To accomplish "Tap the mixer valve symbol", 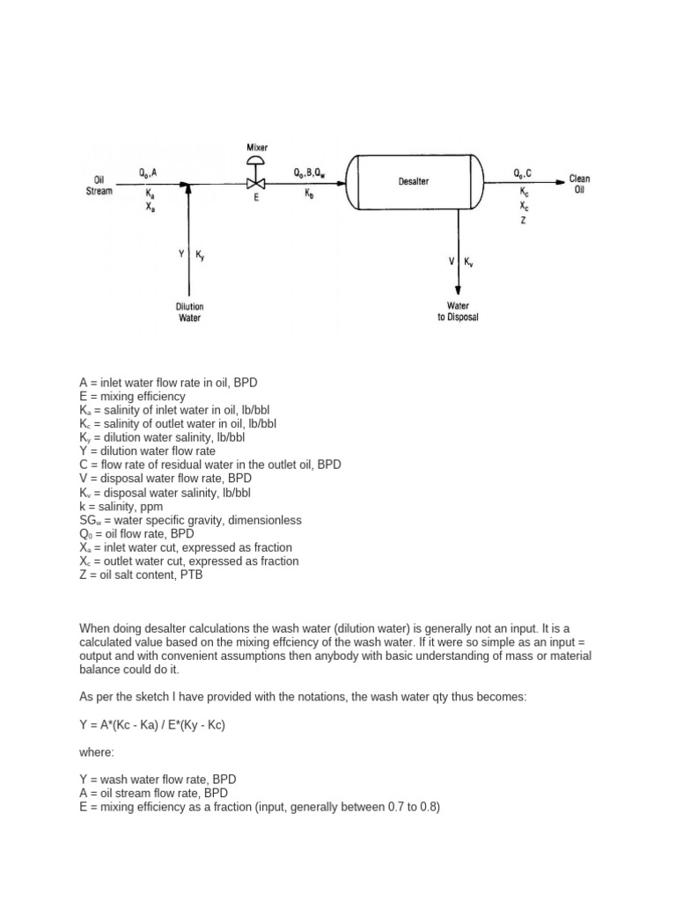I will [256, 184].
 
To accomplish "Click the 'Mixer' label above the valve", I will [256, 148].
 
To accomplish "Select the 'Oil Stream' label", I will [99, 185].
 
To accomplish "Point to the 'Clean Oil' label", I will [579, 184].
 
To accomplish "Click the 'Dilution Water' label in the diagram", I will [190, 312].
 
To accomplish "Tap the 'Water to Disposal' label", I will [458, 312].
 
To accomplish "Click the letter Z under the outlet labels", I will [523, 221].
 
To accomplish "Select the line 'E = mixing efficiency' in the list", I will [132, 397].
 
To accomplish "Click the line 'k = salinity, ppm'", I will [124, 507].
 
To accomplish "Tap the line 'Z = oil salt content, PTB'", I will [146, 575].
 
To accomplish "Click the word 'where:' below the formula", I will [97, 751].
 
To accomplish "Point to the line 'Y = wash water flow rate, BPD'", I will [158, 779].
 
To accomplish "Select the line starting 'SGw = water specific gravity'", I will [190, 520].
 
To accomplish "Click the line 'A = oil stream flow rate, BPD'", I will [155, 792].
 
